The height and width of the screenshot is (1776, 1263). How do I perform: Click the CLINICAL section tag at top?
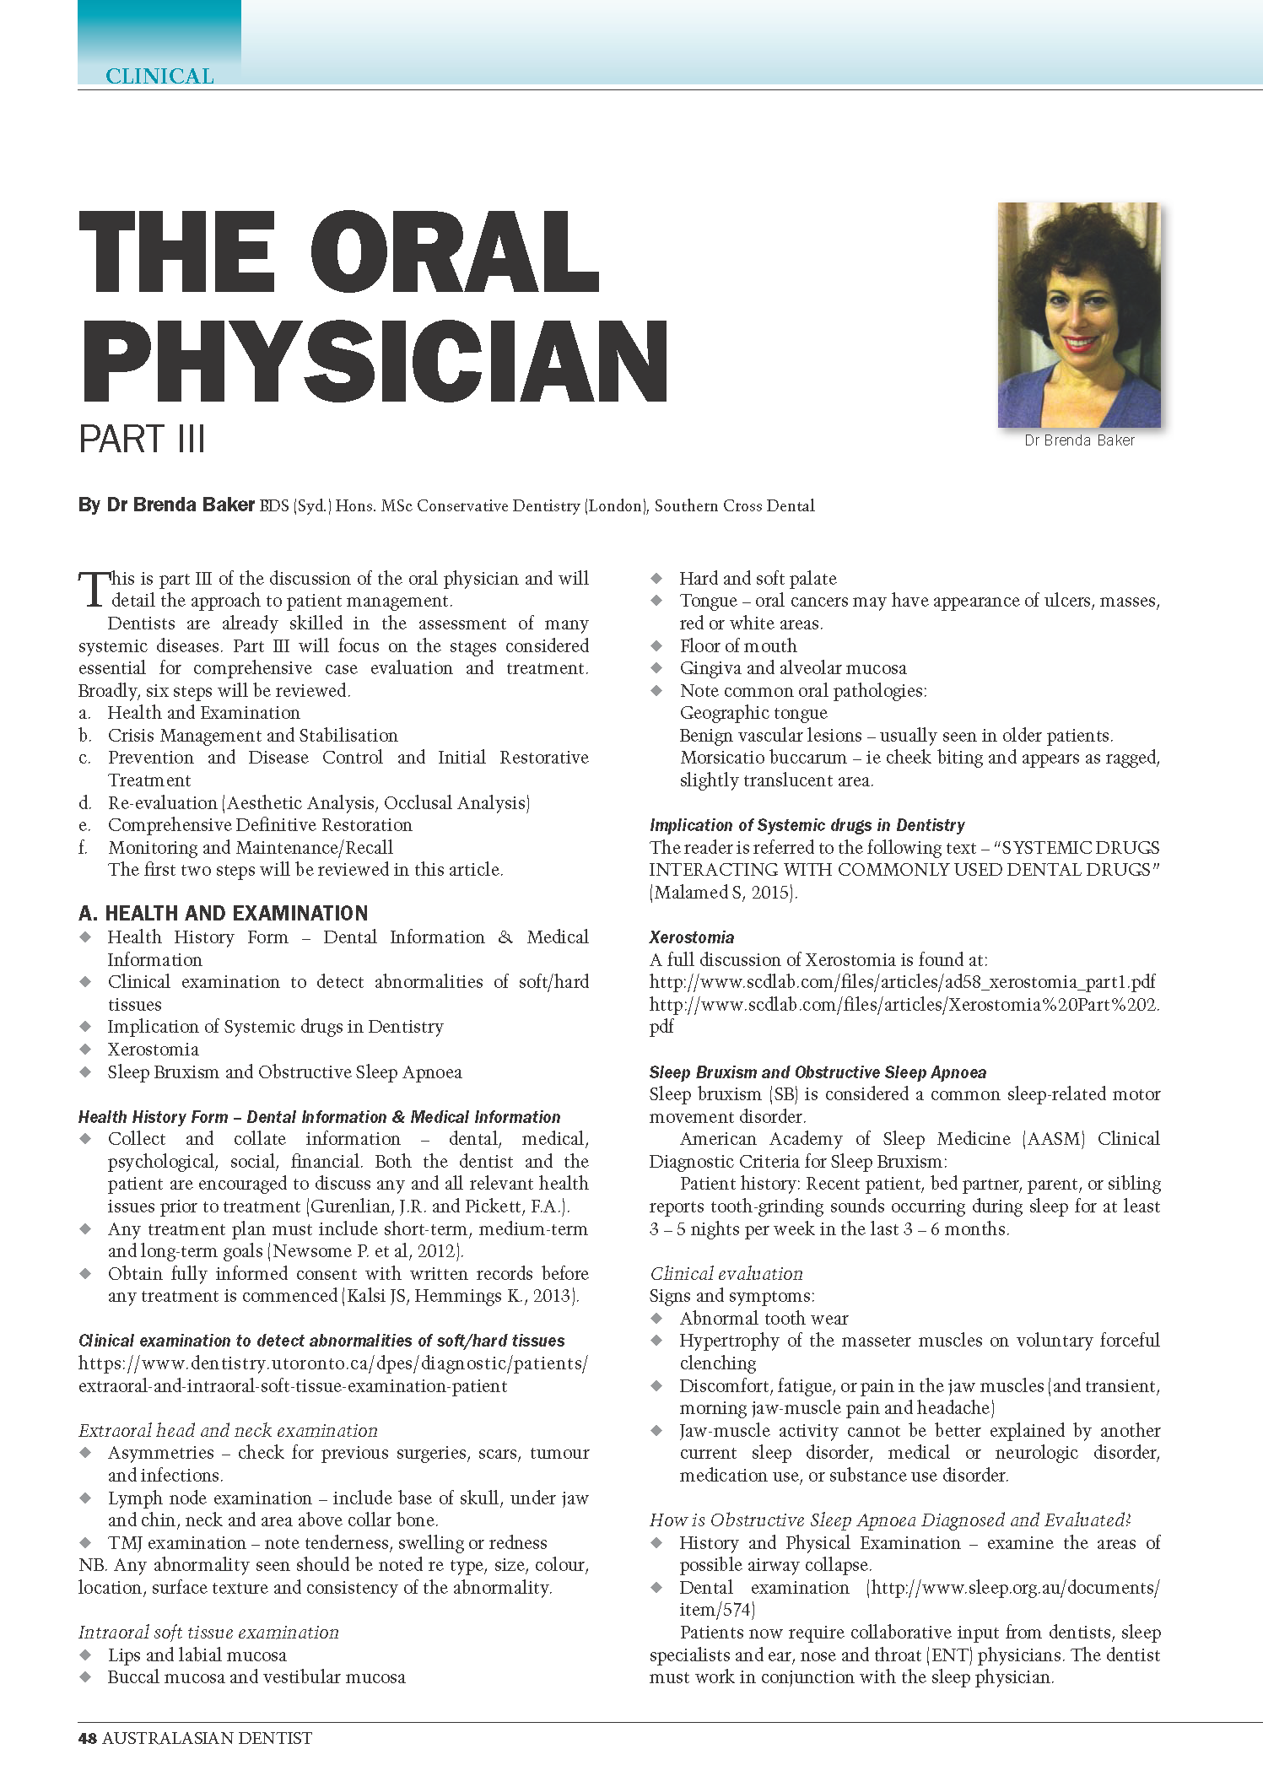tap(159, 76)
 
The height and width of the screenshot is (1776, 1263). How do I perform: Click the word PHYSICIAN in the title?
tap(375, 362)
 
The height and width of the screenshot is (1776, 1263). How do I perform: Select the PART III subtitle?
tap(142, 440)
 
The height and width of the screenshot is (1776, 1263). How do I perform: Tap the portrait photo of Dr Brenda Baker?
tap(1078, 315)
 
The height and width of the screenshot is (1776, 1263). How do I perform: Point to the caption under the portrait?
tap(1079, 440)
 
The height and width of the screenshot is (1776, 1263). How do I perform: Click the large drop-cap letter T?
tap(93, 589)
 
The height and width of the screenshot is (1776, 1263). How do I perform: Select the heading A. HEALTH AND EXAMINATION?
tap(224, 913)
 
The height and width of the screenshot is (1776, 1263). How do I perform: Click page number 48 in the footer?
tap(87, 1738)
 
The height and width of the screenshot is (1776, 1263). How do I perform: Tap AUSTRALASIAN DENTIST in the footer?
tap(207, 1738)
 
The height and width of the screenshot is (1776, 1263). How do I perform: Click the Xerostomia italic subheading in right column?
tap(692, 937)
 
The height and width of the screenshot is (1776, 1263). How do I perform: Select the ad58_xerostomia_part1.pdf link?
tap(902, 982)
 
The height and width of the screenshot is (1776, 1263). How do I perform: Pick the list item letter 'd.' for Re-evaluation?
tap(84, 802)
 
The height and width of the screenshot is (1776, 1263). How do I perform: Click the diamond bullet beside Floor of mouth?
tap(656, 645)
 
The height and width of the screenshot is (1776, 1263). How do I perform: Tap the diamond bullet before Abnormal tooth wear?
tap(656, 1318)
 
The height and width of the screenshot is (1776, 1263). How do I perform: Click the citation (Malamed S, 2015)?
tap(723, 892)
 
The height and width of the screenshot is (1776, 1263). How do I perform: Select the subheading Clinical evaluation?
tap(726, 1273)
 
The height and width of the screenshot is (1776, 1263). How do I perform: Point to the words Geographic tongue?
tap(753, 713)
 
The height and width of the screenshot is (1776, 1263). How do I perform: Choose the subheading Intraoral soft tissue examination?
tap(208, 1632)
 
